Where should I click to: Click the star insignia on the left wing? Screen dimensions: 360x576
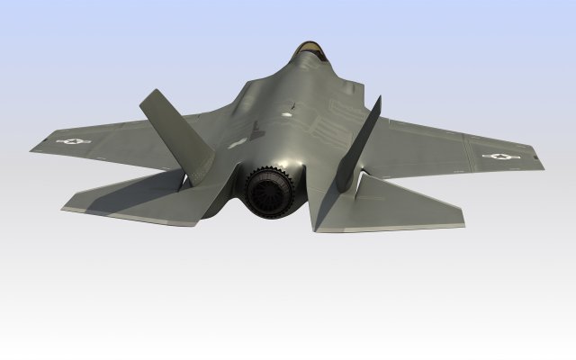[x=73, y=140]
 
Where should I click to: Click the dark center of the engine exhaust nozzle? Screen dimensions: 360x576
[x=274, y=193]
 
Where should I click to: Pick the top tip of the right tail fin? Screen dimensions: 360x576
[x=378, y=97]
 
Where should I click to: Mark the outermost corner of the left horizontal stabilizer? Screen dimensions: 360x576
[x=63, y=208]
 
